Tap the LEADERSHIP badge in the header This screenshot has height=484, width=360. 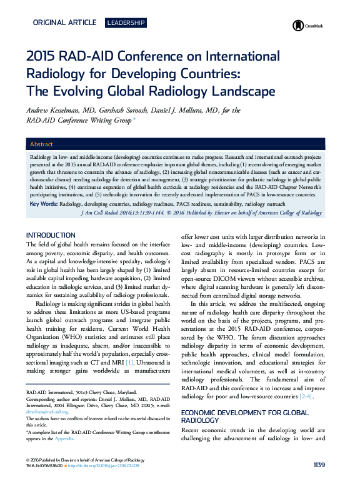pyautogui.click(x=126, y=23)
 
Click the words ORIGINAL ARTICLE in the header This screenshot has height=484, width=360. pyautogui.click(x=64, y=23)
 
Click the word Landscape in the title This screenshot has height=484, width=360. pyautogui.click(x=241, y=92)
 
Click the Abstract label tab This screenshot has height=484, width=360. pyautogui.click(x=41, y=144)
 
